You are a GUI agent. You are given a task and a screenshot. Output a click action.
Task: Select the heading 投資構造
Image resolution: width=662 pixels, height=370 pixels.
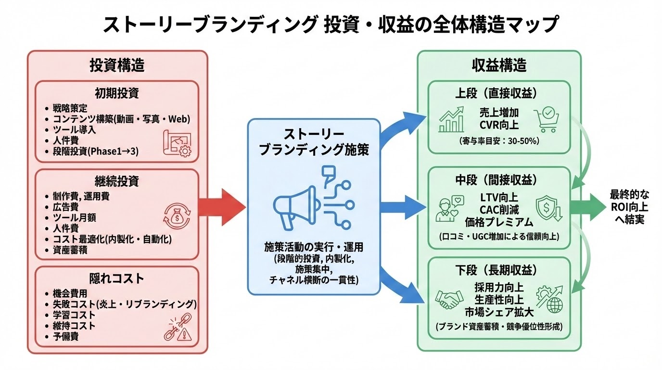tap(117, 66)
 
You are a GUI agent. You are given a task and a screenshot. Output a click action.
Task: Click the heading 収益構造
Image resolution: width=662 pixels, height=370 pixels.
tap(499, 66)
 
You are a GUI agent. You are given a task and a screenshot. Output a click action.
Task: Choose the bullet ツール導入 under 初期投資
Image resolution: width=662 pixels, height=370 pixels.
tap(75, 130)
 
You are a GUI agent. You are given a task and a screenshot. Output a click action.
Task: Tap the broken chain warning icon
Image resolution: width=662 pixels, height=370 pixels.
tap(178, 326)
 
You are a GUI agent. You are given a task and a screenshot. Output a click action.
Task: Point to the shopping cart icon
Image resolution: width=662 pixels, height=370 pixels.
tap(547, 119)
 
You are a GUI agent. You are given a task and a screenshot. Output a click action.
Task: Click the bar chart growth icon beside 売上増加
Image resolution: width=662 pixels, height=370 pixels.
tap(452, 119)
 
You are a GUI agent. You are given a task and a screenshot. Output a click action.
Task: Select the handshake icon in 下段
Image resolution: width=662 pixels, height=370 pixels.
tap(448, 300)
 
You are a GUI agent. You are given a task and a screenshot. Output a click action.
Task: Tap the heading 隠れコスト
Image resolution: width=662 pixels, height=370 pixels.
tap(117, 278)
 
